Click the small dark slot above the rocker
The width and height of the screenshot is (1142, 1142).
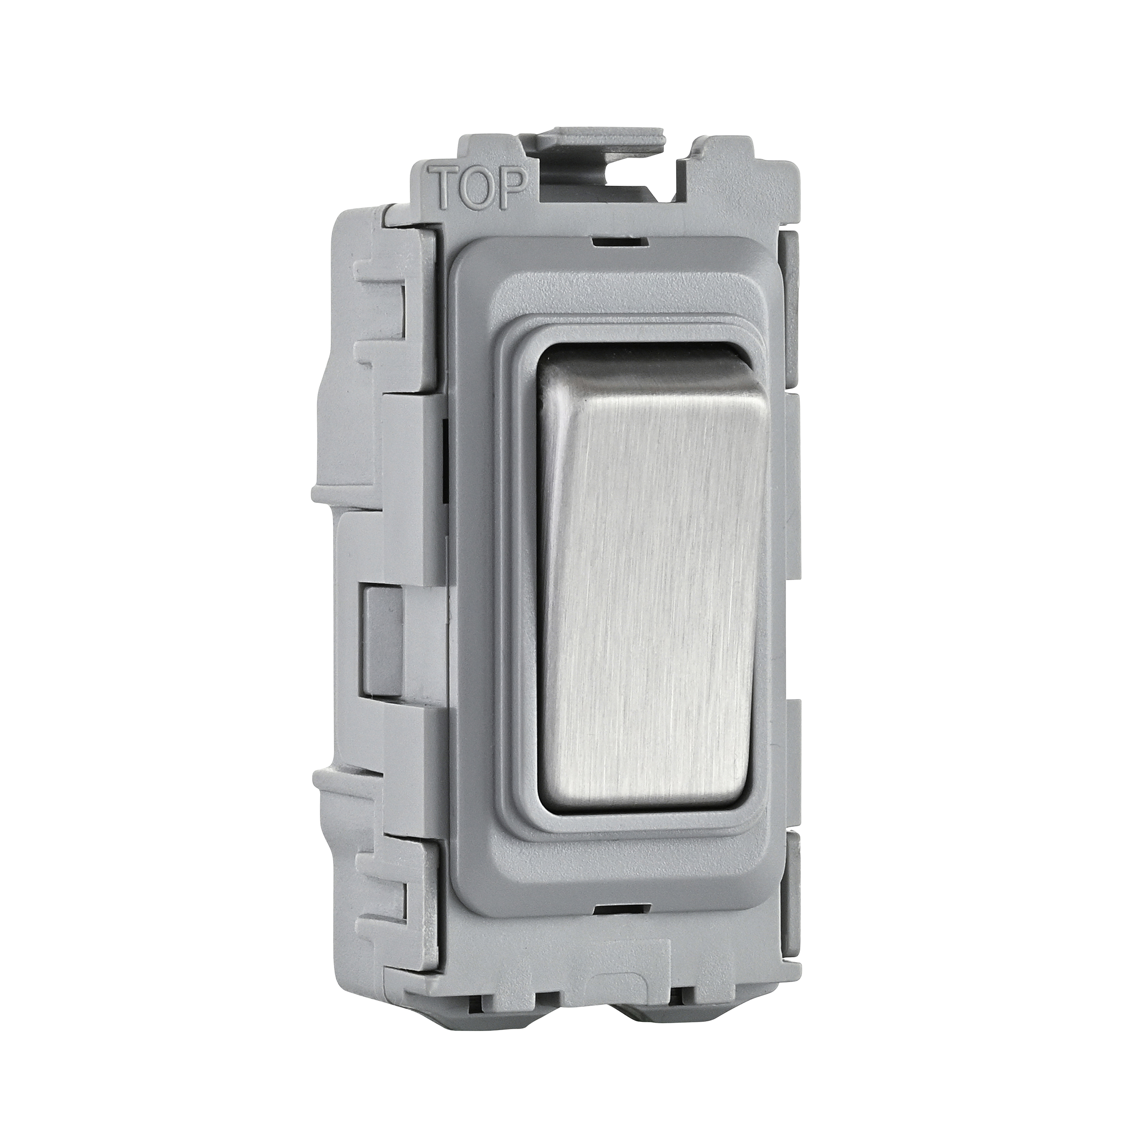point(619,241)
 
